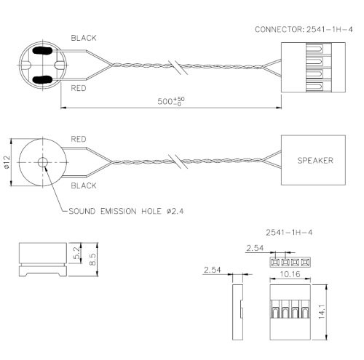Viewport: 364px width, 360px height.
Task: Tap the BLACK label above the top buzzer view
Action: click(84, 36)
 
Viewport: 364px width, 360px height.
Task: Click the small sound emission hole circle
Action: click(43, 161)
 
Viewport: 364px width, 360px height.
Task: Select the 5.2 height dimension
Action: click(77, 252)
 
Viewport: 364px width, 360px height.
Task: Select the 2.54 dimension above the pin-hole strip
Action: click(254, 249)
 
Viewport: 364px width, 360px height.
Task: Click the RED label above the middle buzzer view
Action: click(79, 137)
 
